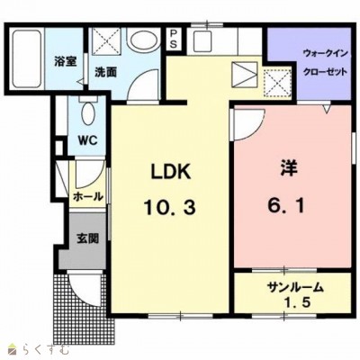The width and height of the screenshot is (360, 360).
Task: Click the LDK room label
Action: click(x=171, y=172)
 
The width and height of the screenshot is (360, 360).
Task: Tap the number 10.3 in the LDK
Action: click(x=170, y=208)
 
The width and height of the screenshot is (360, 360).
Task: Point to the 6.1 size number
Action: click(x=287, y=205)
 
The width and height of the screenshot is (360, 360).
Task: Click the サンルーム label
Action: click(x=295, y=288)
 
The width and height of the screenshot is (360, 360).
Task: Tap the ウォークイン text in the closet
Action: click(x=325, y=54)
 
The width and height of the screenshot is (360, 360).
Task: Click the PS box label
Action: click(x=174, y=39)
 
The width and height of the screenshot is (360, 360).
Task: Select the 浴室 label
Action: click(x=66, y=61)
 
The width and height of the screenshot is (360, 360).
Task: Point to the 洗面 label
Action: click(x=105, y=72)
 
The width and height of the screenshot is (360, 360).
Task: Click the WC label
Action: click(x=87, y=140)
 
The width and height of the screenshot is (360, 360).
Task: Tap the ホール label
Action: click(x=88, y=197)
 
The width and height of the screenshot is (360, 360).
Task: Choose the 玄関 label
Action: click(x=87, y=238)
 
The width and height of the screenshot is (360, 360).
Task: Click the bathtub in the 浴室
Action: click(x=27, y=58)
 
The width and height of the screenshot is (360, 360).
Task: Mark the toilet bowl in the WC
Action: click(x=89, y=112)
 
